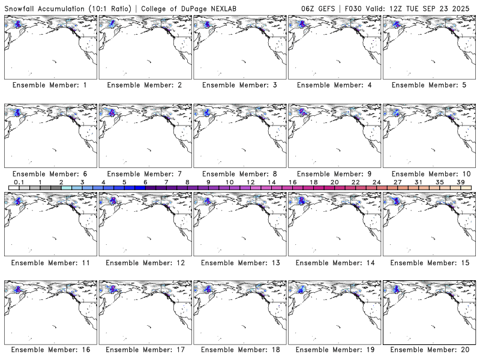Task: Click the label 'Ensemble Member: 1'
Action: [50, 85]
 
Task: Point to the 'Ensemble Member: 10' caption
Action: [430, 173]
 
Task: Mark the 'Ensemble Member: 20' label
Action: [430, 349]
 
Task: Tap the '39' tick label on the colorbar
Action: [461, 182]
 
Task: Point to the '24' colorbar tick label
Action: [376, 182]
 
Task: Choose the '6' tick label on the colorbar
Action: [145, 182]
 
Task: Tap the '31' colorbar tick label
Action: [418, 182]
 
